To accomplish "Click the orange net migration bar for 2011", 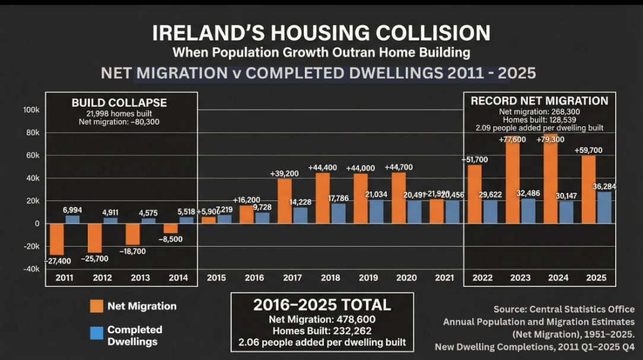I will [x=57, y=239].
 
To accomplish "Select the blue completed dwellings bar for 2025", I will [x=603, y=208].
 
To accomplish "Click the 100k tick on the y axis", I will [x=31, y=110].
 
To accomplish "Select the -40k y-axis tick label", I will [x=30, y=269].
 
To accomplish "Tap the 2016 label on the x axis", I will [x=254, y=278].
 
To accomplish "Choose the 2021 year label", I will [x=444, y=278].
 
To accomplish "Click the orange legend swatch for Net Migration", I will [x=97, y=306].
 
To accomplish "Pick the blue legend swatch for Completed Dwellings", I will [x=97, y=333].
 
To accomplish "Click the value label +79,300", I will [x=550, y=139].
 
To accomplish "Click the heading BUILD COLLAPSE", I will [x=119, y=103].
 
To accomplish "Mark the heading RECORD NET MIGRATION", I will [x=539, y=101].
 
